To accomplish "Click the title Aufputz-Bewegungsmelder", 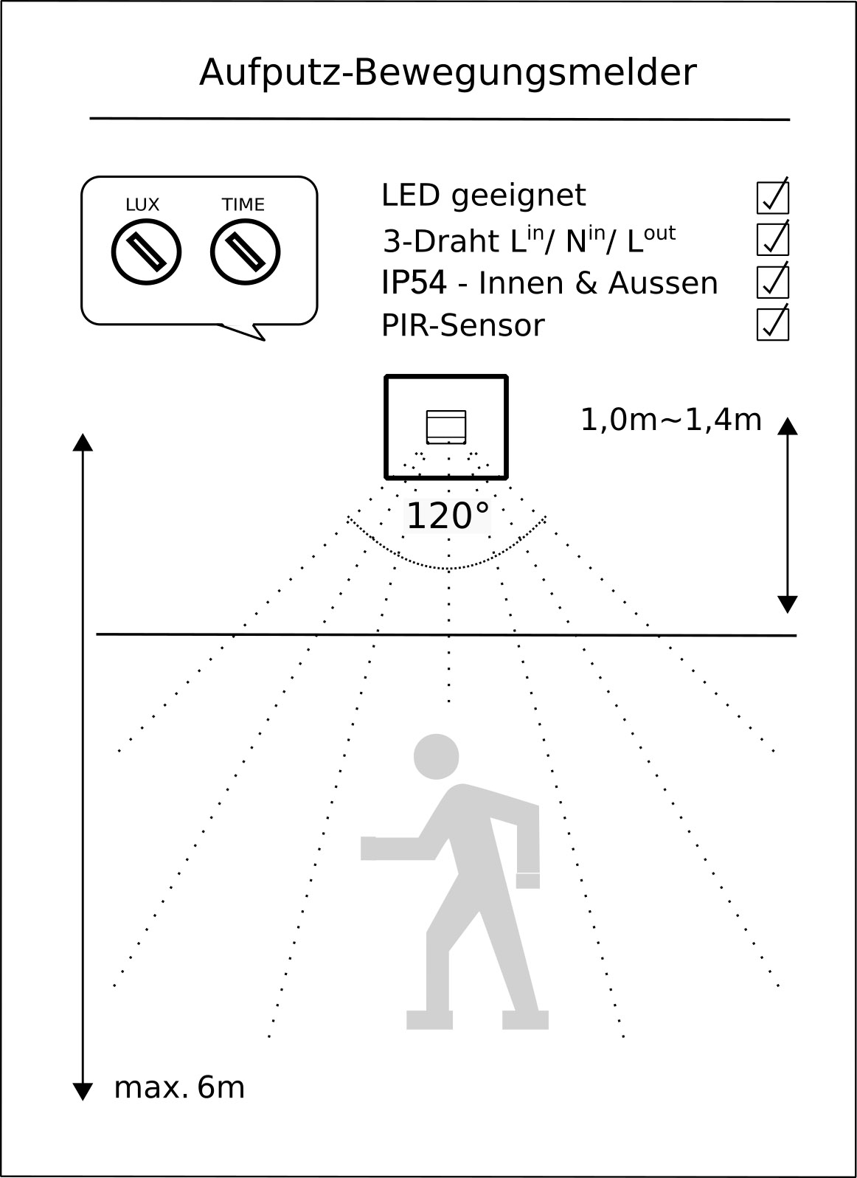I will [448, 73].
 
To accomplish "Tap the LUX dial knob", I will [146, 252].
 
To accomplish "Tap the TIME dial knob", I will [245, 252].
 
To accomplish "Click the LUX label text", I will [142, 205].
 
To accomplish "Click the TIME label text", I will [243, 205].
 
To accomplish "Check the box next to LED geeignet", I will [773, 197].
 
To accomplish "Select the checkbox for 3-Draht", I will [773, 239].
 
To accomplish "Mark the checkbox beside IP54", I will [773, 282].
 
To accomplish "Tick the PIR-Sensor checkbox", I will [773, 324].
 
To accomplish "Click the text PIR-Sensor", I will [462, 326].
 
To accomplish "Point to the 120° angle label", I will [448, 516].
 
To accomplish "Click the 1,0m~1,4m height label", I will [671, 420].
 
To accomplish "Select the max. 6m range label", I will [179, 1088].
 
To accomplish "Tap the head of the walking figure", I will [437, 756].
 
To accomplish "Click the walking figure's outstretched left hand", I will [369, 848].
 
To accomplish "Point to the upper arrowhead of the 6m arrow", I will [83, 442].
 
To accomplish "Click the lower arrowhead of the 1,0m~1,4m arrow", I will [788, 604].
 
